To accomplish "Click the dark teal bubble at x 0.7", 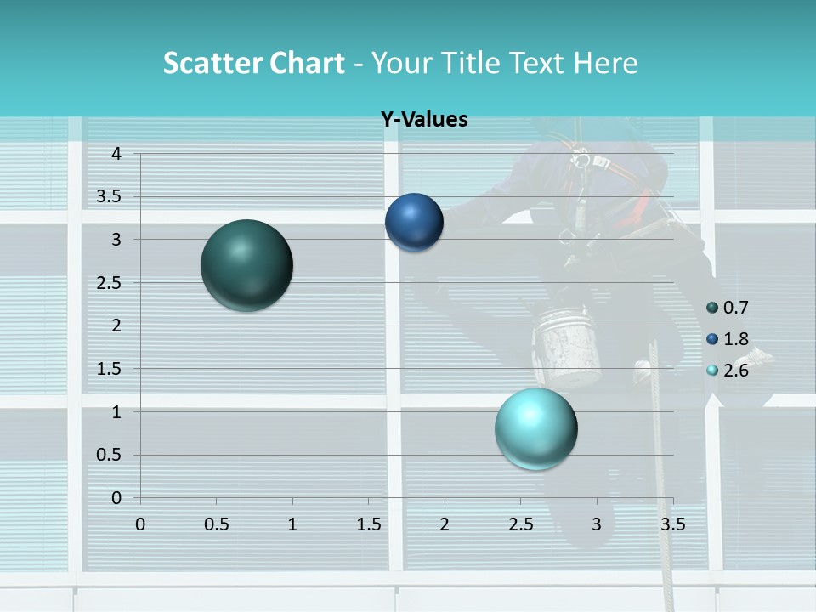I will point(246,265).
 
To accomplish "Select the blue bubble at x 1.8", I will point(414,222).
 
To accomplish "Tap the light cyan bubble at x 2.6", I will point(535,428).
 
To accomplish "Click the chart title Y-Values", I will point(424,120).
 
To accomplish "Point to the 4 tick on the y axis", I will point(116,154).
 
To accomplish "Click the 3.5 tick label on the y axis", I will point(110,196).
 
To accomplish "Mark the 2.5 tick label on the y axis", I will point(110,282).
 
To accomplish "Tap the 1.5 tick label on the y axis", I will point(110,368).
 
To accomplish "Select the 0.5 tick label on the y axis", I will point(110,455).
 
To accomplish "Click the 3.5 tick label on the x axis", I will point(672,524).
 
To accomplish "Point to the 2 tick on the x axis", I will point(445,524).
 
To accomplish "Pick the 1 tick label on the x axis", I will point(292,524).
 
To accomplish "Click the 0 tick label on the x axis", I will point(140,524).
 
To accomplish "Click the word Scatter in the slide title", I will point(211,63).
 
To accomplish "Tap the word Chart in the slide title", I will point(307,63).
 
